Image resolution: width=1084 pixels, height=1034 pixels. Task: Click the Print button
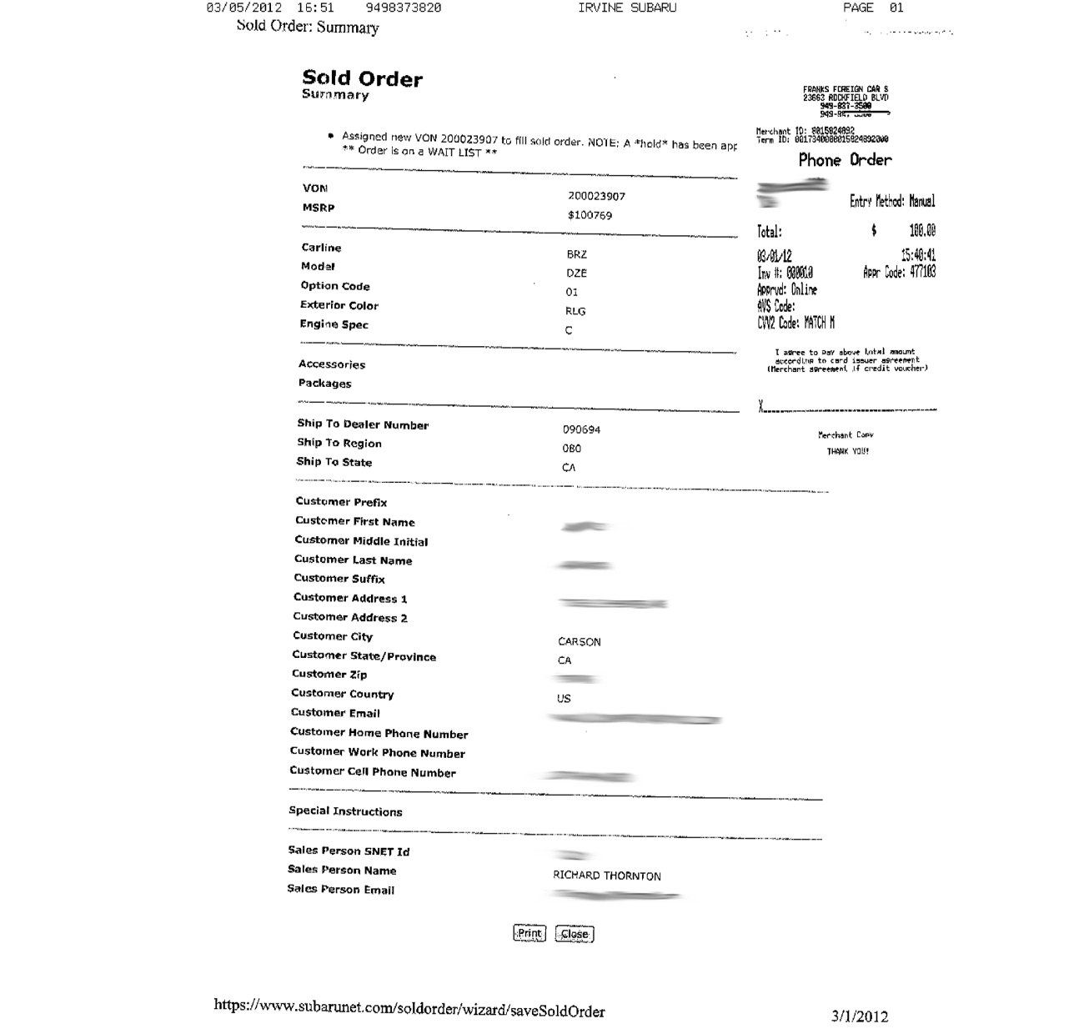click(529, 933)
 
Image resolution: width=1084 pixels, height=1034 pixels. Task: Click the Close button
click(575, 934)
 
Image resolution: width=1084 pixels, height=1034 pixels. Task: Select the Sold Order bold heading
click(362, 79)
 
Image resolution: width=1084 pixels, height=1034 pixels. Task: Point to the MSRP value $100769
click(590, 215)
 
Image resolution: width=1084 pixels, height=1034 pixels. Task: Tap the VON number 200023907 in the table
click(596, 196)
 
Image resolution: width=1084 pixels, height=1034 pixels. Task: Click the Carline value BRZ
click(576, 254)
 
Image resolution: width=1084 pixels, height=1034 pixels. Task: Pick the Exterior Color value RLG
click(575, 311)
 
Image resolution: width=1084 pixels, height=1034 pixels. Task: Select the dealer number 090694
click(581, 429)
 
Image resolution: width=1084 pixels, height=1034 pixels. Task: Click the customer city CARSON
click(580, 641)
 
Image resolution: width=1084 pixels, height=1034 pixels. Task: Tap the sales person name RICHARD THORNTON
click(607, 876)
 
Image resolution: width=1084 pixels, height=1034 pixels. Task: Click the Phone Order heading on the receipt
click(845, 160)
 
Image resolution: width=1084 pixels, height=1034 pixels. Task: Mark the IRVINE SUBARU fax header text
click(627, 8)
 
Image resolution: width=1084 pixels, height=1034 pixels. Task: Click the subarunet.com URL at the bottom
click(409, 1007)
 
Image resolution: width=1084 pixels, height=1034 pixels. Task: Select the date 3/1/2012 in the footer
click(860, 1016)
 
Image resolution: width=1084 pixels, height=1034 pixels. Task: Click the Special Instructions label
click(345, 811)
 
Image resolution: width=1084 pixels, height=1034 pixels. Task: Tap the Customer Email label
click(335, 712)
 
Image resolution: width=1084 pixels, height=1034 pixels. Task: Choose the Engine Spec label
click(334, 324)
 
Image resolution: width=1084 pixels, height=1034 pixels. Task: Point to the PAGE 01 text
click(873, 8)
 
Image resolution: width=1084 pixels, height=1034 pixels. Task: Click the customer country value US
click(564, 698)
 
